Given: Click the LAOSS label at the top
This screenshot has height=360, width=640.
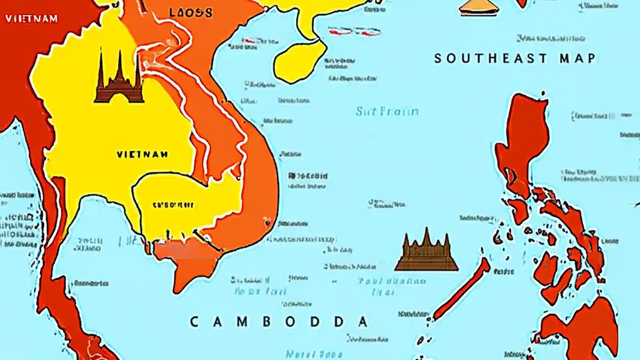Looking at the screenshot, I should tap(190, 12).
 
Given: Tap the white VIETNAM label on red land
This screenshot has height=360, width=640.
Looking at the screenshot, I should tap(31, 19).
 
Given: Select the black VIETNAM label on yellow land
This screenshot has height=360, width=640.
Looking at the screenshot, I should tap(142, 154).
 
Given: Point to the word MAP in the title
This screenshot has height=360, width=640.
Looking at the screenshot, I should tap(577, 58).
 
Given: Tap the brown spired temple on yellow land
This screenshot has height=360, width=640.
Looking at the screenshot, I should tap(119, 80).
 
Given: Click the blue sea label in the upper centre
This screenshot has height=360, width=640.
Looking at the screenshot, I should tap(387, 111).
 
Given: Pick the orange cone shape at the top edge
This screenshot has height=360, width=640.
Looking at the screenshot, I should tap(479, 7).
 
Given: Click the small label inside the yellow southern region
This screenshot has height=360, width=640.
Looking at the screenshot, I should tap(173, 204).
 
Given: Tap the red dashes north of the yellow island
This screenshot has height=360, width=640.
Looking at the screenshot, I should tap(354, 31).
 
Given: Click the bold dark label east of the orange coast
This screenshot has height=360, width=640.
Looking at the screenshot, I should tap(308, 176).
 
